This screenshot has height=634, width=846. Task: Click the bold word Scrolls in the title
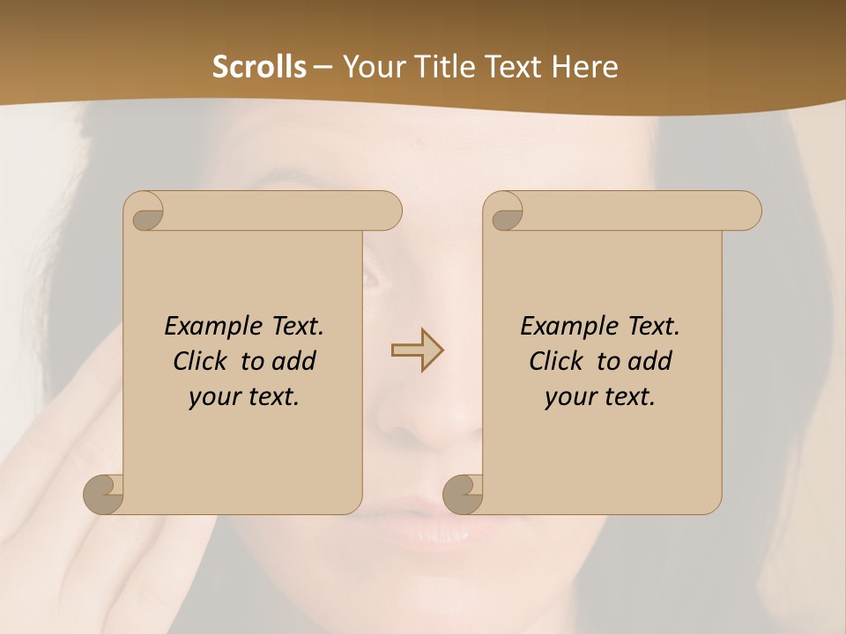coord(259,67)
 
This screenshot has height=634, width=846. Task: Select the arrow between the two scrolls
coord(417,350)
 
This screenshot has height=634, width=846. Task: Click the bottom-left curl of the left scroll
coord(104,493)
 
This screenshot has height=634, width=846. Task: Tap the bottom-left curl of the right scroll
coord(464,493)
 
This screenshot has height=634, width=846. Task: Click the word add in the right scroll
coord(650,361)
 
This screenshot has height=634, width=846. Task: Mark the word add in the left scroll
coord(294,361)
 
